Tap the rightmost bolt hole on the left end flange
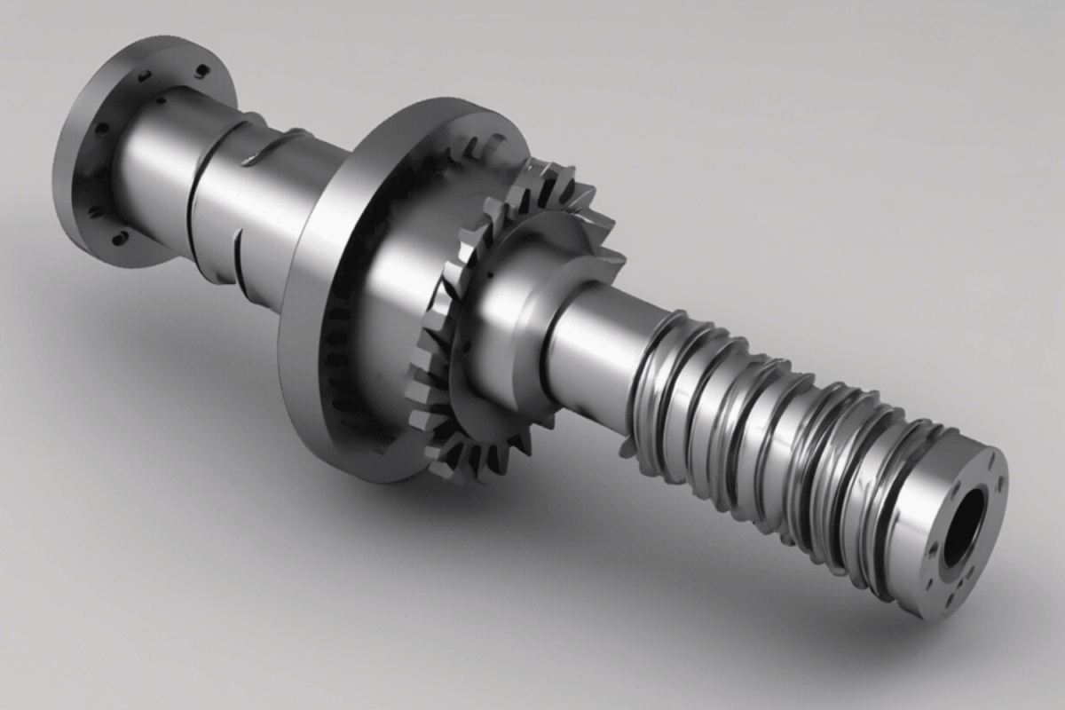tap(202, 71)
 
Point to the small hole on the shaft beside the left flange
tap(162, 100)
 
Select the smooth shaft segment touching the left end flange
tap(151, 169)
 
